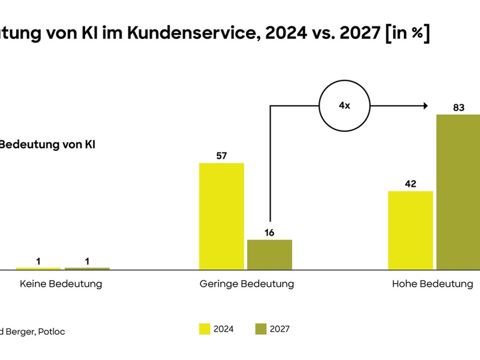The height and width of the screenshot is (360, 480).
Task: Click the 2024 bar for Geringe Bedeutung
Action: tap(221, 216)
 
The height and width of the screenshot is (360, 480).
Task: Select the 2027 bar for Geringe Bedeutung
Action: tap(269, 254)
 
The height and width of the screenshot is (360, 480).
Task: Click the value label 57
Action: tap(221, 156)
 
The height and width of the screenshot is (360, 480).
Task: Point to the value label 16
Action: tap(269, 232)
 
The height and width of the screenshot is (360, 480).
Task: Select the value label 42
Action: tap(410, 184)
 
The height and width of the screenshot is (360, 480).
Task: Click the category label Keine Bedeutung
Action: tap(61, 284)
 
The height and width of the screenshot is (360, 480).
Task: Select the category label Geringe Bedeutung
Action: tap(247, 284)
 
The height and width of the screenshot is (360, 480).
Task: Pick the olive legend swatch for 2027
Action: tap(260, 329)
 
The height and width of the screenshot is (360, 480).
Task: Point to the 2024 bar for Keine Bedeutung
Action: tap(38, 268)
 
